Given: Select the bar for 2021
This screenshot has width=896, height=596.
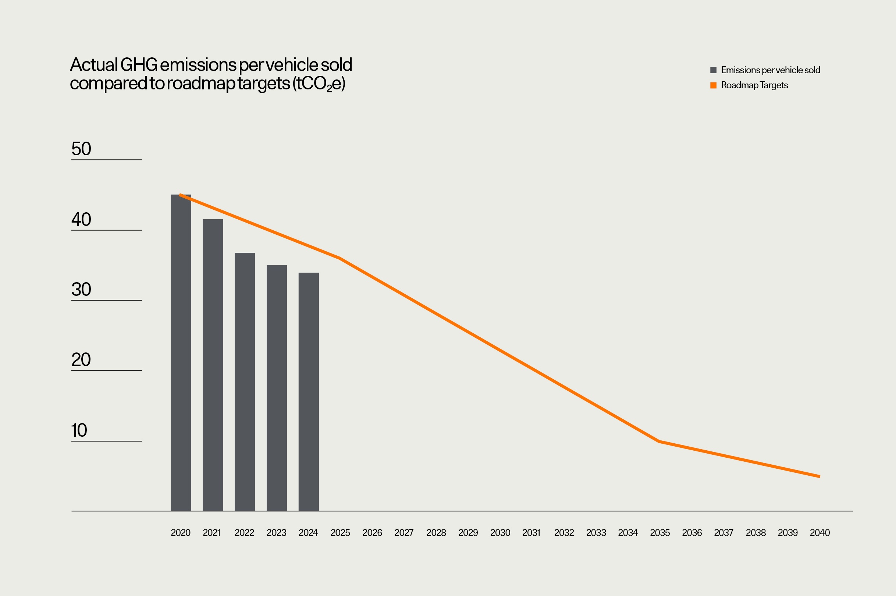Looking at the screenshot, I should pos(213,365).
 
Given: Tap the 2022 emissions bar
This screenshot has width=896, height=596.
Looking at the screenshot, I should pos(245,382).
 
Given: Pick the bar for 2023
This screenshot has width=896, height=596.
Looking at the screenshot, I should pos(277,388).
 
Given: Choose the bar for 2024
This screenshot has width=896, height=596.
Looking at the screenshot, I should pos(309,391).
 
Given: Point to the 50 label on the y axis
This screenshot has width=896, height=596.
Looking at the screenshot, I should pos(81,149).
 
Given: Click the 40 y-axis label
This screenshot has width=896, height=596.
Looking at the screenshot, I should pos(81,219).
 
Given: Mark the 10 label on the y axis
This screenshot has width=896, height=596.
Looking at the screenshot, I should pos(79,430).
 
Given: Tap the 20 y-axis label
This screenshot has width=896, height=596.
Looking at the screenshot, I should pos(81,359).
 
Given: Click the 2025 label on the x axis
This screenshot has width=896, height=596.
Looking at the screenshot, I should pos(340,533).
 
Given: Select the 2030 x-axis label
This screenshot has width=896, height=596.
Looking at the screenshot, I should pos(500,533).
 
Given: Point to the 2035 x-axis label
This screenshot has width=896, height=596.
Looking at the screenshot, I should pos(659,533).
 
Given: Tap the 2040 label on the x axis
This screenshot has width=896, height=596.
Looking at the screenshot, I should pos(819,533).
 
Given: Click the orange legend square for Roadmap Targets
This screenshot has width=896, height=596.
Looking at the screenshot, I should pos(713,85).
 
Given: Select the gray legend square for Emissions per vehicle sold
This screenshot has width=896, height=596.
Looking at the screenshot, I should pos(713,70).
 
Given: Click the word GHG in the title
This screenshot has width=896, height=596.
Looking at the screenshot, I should pos(139,65).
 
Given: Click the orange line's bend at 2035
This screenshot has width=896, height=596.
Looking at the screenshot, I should pos(659,441).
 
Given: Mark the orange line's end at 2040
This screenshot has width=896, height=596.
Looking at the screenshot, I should pos(819,476).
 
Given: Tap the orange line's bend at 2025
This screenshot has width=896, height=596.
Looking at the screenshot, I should pos(339,258).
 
